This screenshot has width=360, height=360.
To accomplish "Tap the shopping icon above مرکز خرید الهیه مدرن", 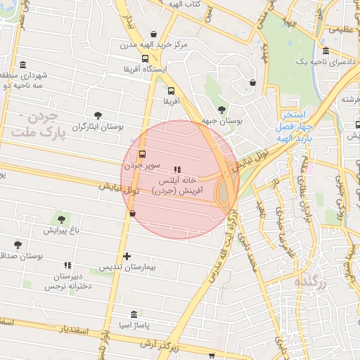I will [154, 34].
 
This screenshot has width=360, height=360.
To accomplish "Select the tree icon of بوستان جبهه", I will [222, 109].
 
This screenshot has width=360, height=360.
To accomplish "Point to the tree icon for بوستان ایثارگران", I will [98, 115].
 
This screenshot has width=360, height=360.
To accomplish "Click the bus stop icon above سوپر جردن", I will [143, 154].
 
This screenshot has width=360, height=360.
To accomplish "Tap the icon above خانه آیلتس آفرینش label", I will [177, 169].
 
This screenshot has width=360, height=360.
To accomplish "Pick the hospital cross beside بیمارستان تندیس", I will [127, 256].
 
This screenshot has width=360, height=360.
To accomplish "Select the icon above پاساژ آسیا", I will [134, 314].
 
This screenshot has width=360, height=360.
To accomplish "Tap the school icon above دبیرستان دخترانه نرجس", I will [68, 265].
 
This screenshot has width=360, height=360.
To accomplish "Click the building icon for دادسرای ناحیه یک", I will [326, 51].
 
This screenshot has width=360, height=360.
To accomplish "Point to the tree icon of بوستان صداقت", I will [18, 245].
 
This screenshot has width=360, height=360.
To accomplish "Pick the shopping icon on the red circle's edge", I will [132, 213].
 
